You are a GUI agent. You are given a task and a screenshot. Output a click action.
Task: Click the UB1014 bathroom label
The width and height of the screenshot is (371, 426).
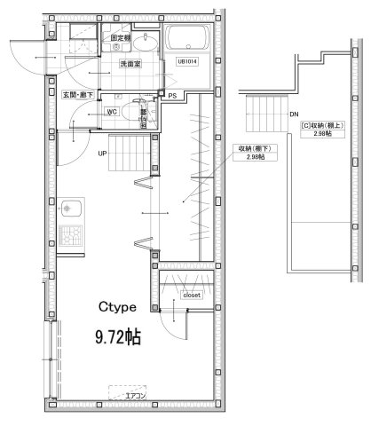187,61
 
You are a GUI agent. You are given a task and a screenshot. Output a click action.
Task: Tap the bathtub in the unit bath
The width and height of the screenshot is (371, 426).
187,39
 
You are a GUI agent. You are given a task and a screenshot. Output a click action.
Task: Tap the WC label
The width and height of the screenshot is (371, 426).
113,112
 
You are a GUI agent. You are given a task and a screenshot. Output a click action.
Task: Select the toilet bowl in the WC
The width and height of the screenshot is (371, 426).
136,114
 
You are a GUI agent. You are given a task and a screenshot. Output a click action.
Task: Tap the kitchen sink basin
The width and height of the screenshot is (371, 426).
69,211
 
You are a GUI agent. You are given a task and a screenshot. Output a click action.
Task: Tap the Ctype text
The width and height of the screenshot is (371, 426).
116,307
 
